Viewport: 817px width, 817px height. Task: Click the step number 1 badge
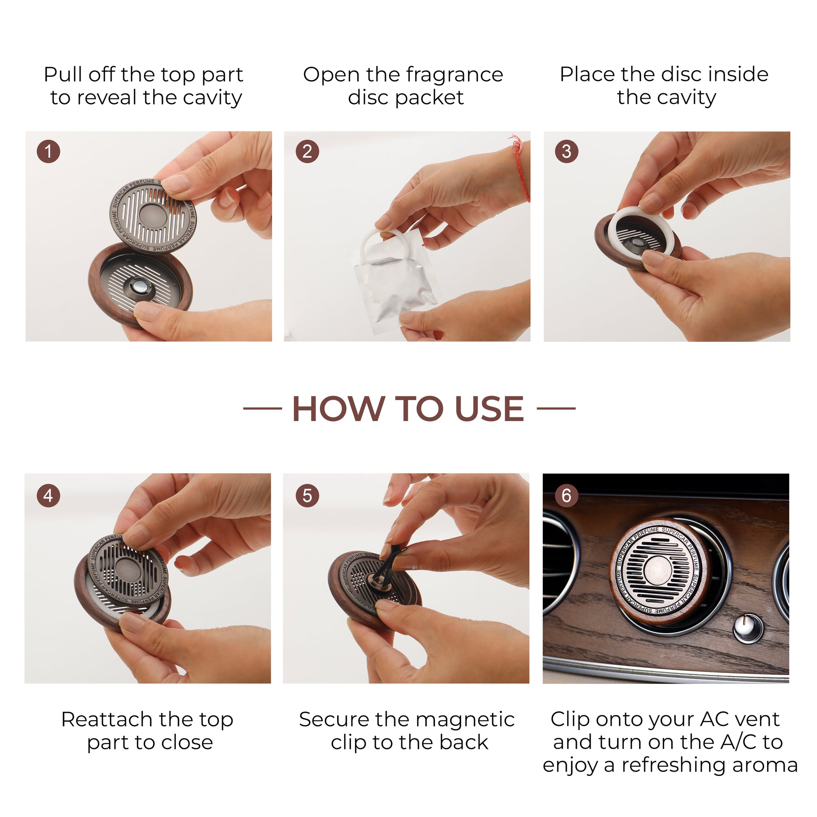48,152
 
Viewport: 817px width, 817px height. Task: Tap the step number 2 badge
307,152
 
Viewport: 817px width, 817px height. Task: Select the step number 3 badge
566,152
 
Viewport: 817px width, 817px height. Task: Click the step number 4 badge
48,495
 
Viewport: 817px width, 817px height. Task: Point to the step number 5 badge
307,495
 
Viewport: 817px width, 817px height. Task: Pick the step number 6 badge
566,495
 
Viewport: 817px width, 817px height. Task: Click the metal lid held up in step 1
153,216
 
